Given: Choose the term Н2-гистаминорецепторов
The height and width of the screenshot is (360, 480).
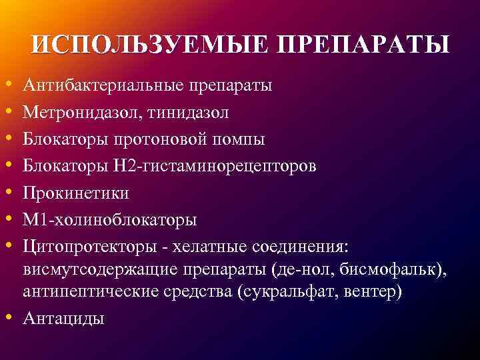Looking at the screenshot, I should [215, 167].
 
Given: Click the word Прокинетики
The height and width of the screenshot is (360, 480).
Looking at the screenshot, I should [76, 193].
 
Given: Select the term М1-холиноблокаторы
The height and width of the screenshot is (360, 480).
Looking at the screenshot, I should [109, 220].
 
